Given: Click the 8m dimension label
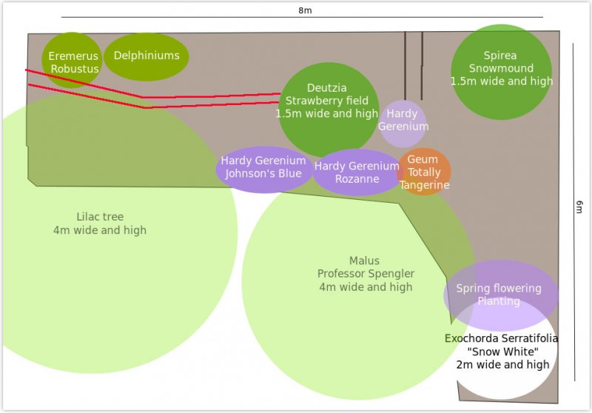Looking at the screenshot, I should tap(304, 10).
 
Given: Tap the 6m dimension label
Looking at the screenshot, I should tap(579, 209).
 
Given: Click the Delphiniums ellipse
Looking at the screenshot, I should tap(147, 56).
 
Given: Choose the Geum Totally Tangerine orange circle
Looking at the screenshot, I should tap(424, 172).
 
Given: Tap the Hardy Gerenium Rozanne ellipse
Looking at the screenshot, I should tap(357, 172).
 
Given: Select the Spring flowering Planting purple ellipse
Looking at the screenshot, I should tap(500, 295).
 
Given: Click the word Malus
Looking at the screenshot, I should tap(364, 261).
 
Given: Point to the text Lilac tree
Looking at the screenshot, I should tap(100, 217).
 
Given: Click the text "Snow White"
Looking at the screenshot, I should tap(502, 352).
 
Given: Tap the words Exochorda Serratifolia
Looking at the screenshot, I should tap(501, 338).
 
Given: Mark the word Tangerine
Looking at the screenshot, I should tap(425, 185).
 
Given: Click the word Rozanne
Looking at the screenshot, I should tap(357, 179).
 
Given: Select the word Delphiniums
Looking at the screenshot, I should tap(147, 56).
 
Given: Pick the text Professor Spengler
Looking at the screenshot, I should tap(366, 274).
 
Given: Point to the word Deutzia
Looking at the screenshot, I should tap(327, 88).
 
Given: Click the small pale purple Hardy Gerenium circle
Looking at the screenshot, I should tap(403, 123).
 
